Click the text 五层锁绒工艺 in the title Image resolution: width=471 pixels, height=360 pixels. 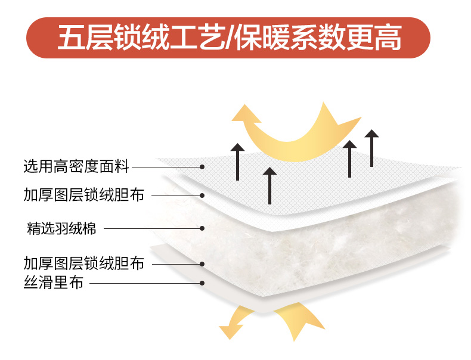point(138,38)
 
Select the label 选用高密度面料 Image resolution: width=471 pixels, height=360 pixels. point(76,166)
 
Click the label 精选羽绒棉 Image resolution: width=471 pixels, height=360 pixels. point(61,228)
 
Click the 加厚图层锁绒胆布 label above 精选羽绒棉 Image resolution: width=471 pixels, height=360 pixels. point(84,194)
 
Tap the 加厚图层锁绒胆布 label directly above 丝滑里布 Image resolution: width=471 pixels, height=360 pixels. point(84,263)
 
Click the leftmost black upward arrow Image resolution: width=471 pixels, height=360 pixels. point(237,161)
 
